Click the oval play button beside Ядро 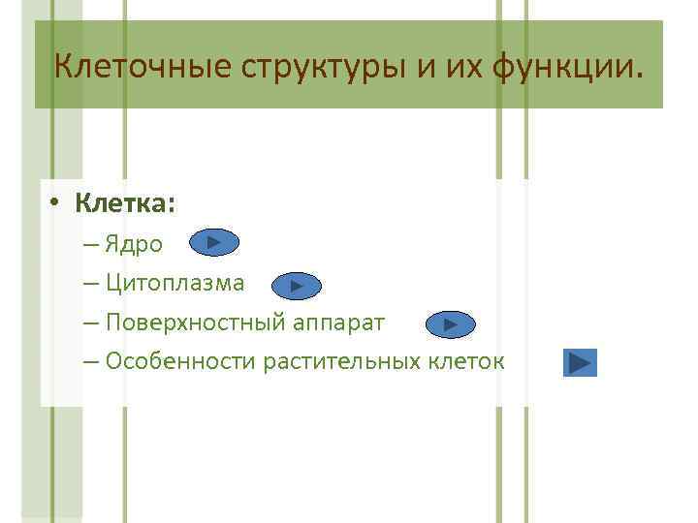[x=214, y=242]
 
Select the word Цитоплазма [x=174, y=284]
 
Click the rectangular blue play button [x=580, y=363]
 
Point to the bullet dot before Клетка [x=57, y=203]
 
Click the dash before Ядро [x=91, y=244]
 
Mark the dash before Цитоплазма [x=91, y=284]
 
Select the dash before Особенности [x=91, y=362]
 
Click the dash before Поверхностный [x=91, y=323]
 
